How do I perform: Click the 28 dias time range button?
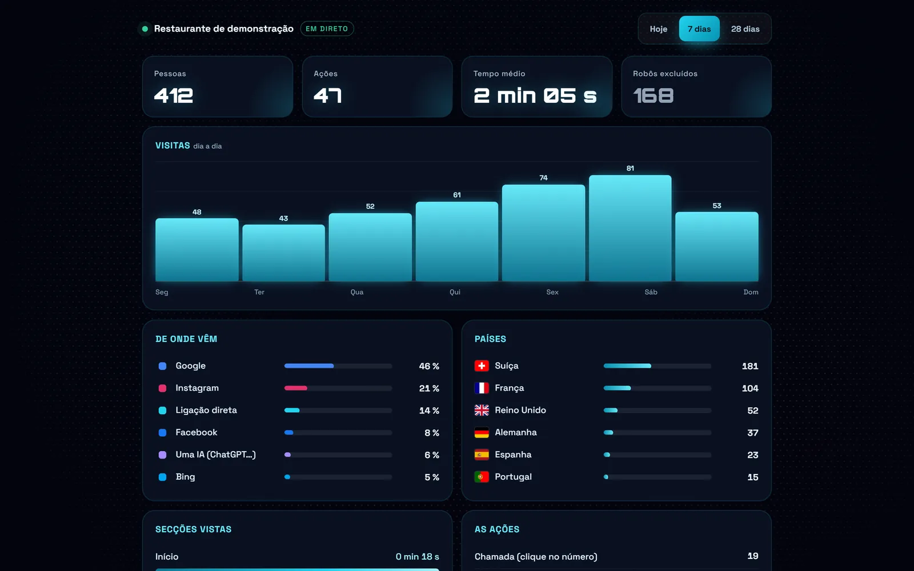745,29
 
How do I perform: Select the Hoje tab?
658,29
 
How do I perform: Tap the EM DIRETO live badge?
327,29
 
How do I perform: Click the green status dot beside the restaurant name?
145,29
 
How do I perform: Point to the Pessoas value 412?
174,96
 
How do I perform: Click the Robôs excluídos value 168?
654,96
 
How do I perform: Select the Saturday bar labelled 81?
630,228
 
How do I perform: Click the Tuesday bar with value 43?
283,253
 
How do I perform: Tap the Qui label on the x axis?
455,292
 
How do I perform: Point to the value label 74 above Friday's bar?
543,178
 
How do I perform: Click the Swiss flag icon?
482,366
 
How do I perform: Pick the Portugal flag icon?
482,477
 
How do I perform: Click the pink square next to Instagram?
162,388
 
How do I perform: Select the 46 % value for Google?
429,366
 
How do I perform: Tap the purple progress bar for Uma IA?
288,455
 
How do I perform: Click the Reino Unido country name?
520,411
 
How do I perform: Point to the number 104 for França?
750,388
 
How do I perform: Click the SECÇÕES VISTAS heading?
194,529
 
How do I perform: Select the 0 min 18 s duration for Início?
418,557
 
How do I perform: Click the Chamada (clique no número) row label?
536,557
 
